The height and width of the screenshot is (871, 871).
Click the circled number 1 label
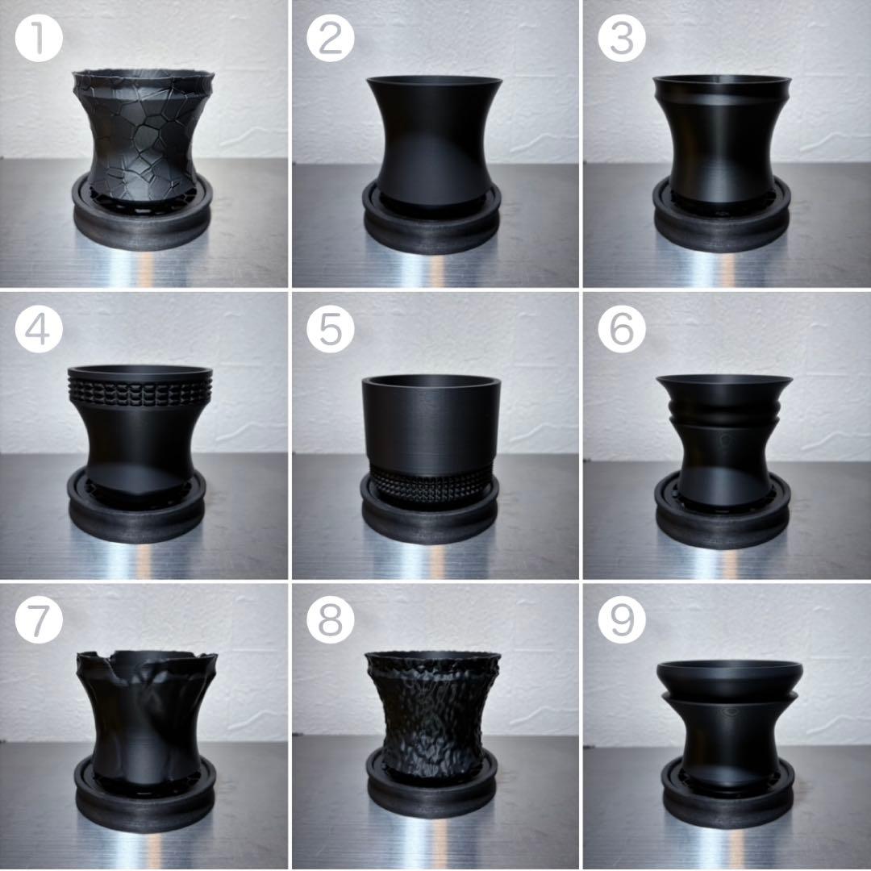click(x=39, y=39)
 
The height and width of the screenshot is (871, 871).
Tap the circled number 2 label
click(x=331, y=39)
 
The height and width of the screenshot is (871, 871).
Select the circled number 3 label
click(x=622, y=39)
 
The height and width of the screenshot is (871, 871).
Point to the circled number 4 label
click(x=39, y=329)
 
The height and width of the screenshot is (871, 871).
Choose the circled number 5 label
click(x=331, y=329)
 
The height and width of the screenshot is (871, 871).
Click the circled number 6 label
click(x=622, y=329)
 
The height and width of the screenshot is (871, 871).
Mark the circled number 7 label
click(x=39, y=620)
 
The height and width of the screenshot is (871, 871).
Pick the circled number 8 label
click(x=331, y=620)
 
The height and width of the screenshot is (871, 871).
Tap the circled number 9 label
click(x=622, y=620)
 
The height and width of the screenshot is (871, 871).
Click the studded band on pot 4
click(x=140, y=390)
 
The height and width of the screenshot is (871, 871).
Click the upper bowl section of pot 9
click(x=729, y=679)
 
